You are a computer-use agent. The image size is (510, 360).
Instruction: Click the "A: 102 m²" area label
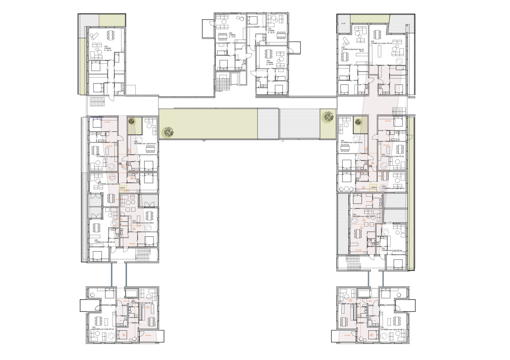(108, 51)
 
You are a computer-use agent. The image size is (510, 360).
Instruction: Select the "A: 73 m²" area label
(232, 37)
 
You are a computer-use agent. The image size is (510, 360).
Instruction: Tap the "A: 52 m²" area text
(271, 33)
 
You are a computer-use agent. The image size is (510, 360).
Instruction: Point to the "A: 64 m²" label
(270, 64)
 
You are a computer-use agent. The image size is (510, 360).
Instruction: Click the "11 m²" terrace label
(343, 24)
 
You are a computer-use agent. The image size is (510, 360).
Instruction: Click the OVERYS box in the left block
(122, 188)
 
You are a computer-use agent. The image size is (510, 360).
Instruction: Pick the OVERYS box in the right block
(374, 187)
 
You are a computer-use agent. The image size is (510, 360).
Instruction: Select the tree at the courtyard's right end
(328, 116)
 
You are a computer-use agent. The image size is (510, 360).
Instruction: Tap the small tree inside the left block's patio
(131, 121)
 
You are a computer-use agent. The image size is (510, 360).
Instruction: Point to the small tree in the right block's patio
(358, 122)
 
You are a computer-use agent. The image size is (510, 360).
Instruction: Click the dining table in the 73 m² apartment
(223, 36)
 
